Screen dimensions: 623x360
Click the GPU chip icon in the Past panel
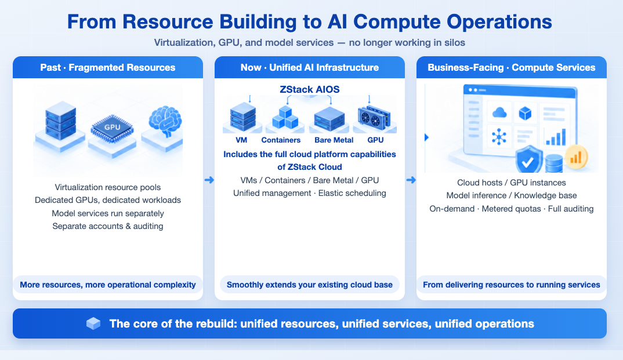pyautogui.click(x=112, y=128)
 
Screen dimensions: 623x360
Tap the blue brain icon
pyautogui.click(x=165, y=121)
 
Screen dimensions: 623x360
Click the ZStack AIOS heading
pyautogui.click(x=310, y=89)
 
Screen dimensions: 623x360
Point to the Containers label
pyautogui.click(x=281, y=140)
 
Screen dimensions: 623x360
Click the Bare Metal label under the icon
pyautogui.click(x=334, y=140)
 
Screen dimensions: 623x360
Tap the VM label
pyautogui.click(x=241, y=140)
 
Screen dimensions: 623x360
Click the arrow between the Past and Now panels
pyautogui.click(x=209, y=180)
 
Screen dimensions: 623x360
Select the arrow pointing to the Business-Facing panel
pyautogui.click(x=411, y=180)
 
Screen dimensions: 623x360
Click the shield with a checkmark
pyautogui.click(x=529, y=159)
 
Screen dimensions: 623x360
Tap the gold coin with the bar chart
pyautogui.click(x=575, y=157)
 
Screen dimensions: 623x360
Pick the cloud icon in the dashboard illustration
pyautogui.click(x=499, y=113)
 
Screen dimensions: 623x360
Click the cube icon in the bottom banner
pyautogui.click(x=93, y=323)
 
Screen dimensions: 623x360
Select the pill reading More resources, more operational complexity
pyautogui.click(x=108, y=285)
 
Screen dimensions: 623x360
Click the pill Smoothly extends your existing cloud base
pyautogui.click(x=310, y=285)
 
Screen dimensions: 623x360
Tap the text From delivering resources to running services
pyautogui.click(x=512, y=285)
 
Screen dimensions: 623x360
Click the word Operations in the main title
pyautogui.click(x=499, y=22)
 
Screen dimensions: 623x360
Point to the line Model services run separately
pyautogui.click(x=108, y=213)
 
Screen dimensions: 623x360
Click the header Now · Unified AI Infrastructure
pyautogui.click(x=310, y=67)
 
